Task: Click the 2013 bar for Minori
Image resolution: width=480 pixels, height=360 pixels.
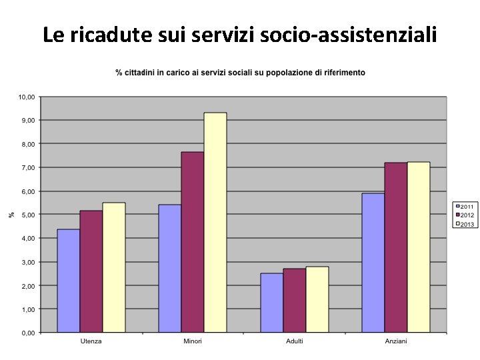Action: pos(215,222)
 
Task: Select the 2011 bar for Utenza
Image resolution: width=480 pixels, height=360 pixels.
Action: pos(69,281)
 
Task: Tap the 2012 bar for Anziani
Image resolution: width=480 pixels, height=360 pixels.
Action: pos(396,247)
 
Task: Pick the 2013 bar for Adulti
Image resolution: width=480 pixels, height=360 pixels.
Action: pos(317,299)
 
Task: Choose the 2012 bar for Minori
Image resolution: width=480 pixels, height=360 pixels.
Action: pos(193,242)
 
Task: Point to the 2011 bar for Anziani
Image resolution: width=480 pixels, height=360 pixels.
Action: pos(373,263)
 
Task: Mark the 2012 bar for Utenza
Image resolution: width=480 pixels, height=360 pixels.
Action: pos(91,271)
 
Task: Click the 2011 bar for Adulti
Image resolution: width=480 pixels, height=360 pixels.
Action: pos(272,303)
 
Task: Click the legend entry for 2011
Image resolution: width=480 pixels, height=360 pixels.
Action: pos(465,207)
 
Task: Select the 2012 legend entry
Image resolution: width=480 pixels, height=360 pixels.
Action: pos(465,215)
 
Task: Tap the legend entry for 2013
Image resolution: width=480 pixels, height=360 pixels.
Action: pos(465,224)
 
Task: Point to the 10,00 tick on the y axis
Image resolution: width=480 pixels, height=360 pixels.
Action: pos(27,97)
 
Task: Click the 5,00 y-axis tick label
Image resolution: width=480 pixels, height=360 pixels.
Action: pos(29,215)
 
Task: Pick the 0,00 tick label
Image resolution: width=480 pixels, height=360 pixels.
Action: pos(29,333)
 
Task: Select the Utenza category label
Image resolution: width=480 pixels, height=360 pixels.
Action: pos(91,341)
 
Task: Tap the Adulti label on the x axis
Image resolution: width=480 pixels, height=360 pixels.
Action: pos(295,341)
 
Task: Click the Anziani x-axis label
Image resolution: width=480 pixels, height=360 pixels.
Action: pos(396,341)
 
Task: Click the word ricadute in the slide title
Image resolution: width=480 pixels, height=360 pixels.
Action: pos(111,34)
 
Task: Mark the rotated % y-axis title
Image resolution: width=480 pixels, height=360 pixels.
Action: pos(11,215)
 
